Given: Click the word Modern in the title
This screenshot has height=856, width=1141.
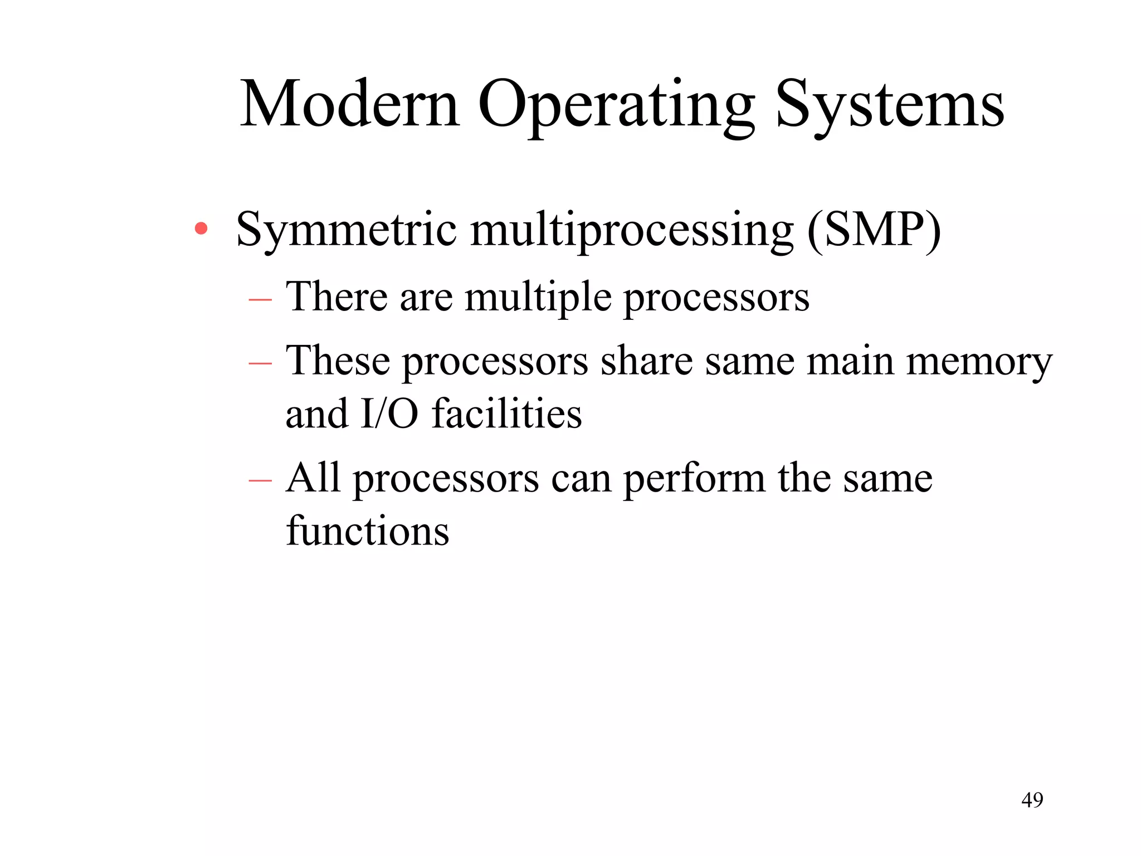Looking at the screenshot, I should [x=350, y=104].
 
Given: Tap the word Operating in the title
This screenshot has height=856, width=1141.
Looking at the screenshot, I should [x=616, y=106].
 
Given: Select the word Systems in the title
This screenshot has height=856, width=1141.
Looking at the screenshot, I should [x=890, y=106].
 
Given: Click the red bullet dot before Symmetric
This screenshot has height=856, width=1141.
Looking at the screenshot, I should [x=201, y=228].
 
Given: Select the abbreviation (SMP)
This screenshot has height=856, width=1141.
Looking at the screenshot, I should [x=874, y=230].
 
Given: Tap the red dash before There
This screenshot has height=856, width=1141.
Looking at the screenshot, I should [x=260, y=300].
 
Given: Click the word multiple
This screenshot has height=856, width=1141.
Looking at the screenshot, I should [x=538, y=298].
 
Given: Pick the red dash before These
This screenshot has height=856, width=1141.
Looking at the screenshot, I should [x=260, y=364].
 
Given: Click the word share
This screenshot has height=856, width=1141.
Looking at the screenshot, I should [x=646, y=361].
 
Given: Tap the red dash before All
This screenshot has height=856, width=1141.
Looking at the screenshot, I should [x=260, y=480].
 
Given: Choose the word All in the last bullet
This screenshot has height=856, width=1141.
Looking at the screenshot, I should [x=313, y=478].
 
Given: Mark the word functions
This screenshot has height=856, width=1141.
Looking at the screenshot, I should [x=367, y=531].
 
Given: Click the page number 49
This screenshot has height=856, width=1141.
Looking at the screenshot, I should [x=1032, y=800].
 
